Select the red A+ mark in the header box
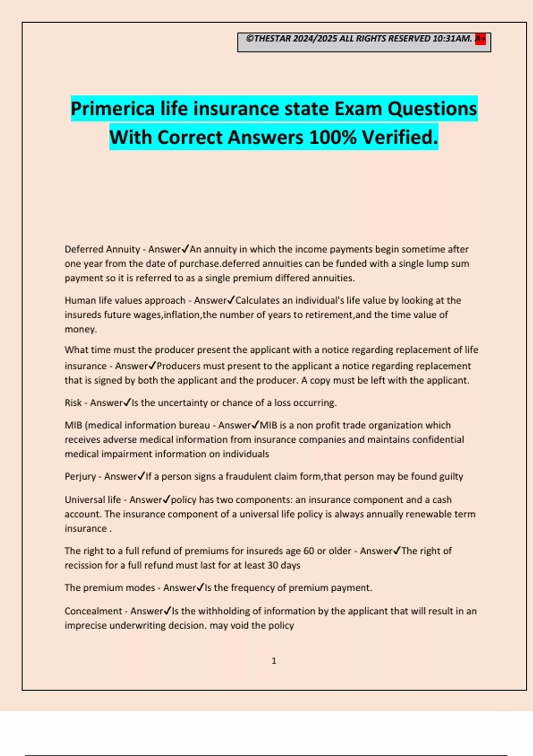[480, 39]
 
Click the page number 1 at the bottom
[274, 661]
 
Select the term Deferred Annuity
[102, 249]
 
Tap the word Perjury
[80, 476]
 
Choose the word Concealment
[93, 611]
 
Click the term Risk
[73, 402]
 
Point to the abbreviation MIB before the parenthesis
[73, 425]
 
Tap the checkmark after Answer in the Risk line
[127, 402]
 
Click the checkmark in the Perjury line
[141, 476]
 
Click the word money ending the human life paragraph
[80, 329]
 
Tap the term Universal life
[92, 500]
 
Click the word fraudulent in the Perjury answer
[249, 476]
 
